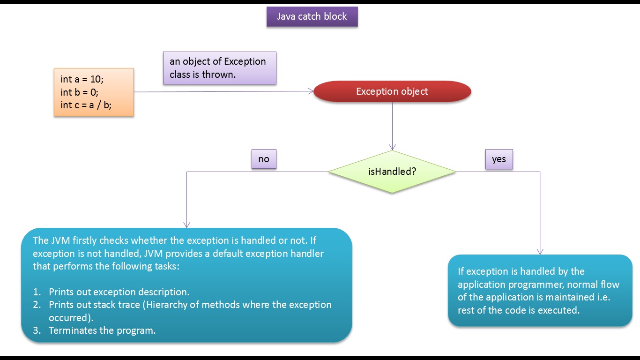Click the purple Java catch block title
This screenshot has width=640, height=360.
(x=312, y=16)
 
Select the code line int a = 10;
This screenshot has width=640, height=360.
(x=82, y=79)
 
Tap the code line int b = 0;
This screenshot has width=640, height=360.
(x=79, y=92)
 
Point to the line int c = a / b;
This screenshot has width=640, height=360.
(x=86, y=105)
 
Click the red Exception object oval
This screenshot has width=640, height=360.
(x=392, y=91)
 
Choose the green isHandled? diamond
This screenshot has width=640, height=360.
(x=392, y=172)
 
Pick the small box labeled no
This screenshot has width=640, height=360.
(x=264, y=159)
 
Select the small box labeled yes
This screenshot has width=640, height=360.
(x=499, y=159)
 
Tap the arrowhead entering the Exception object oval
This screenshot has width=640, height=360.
(x=311, y=91)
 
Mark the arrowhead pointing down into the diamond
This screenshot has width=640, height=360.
(x=392, y=147)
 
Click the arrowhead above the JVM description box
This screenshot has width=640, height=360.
(x=187, y=225)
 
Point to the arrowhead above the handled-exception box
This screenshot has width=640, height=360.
(x=540, y=251)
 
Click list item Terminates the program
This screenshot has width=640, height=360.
(x=102, y=330)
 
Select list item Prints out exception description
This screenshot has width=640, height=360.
(x=119, y=292)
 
